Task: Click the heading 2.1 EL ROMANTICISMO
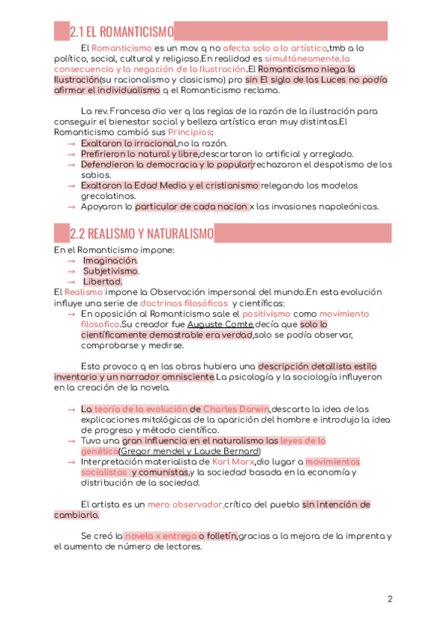pos(121,32)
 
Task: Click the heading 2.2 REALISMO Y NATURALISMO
pos(142,234)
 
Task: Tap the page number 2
pos(390,599)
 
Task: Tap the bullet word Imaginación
pos(110,261)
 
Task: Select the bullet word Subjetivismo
pos(110,271)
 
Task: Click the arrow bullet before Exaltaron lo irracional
pos(71,143)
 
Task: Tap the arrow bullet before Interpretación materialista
pos(71,462)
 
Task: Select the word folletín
pos(222,536)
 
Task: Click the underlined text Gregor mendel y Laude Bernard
pos(190,452)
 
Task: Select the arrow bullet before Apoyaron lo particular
pos(71,206)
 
